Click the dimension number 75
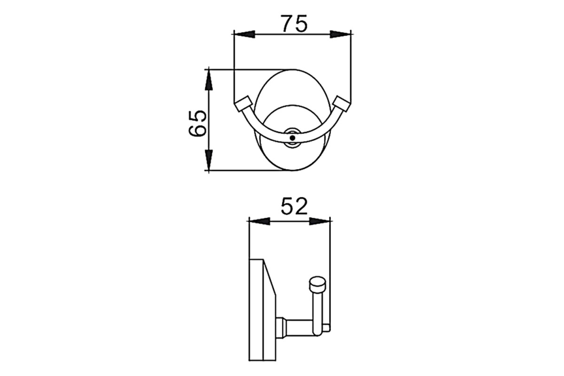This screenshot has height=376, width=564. click(294, 23)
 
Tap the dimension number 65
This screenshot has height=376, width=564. click(198, 123)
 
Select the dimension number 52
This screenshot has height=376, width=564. click(294, 206)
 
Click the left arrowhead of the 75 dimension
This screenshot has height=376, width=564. click(244, 34)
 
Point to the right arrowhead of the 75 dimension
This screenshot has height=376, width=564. click(340, 34)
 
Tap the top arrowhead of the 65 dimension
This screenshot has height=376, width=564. click(209, 80)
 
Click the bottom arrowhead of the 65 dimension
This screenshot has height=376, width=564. click(209, 160)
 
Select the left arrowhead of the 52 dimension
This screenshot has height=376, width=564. click(259, 221)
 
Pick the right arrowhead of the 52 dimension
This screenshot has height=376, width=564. click(320, 221)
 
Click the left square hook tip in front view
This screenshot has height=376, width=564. click(243, 104)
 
